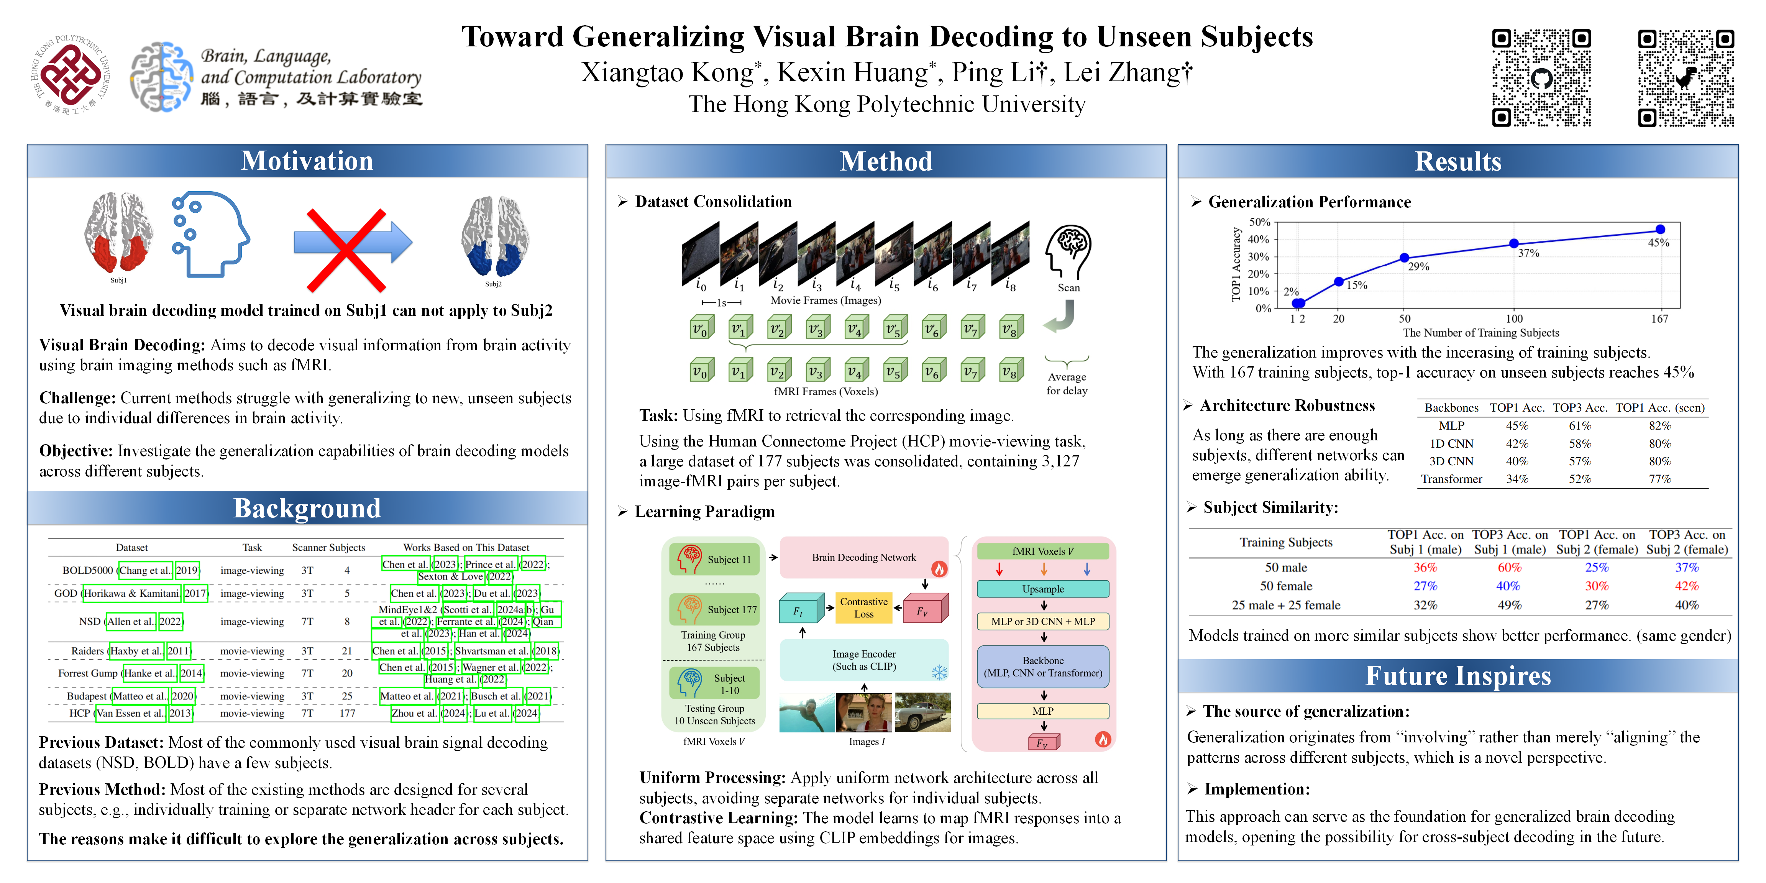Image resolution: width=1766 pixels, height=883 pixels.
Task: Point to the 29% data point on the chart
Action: click(1404, 258)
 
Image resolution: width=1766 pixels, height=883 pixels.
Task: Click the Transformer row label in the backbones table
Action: click(1451, 479)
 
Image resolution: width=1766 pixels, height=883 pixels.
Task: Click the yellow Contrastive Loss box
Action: click(864, 607)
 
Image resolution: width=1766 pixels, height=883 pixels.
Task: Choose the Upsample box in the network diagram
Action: click(1043, 589)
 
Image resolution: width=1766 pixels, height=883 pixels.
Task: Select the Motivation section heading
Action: click(307, 161)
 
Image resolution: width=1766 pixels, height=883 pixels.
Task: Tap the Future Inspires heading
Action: click(1458, 676)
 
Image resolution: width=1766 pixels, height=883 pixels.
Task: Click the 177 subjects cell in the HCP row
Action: click(348, 713)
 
